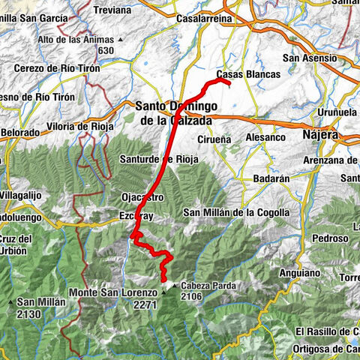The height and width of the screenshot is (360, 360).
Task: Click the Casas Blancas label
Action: [x=247, y=74]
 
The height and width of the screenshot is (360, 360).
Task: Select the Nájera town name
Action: [x=320, y=136]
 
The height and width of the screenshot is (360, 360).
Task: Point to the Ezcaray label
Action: [x=136, y=215]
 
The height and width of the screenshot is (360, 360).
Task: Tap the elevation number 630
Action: [x=105, y=50]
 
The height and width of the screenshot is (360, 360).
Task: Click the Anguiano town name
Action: [x=301, y=273]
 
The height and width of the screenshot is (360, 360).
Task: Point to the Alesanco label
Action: [x=265, y=137]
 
